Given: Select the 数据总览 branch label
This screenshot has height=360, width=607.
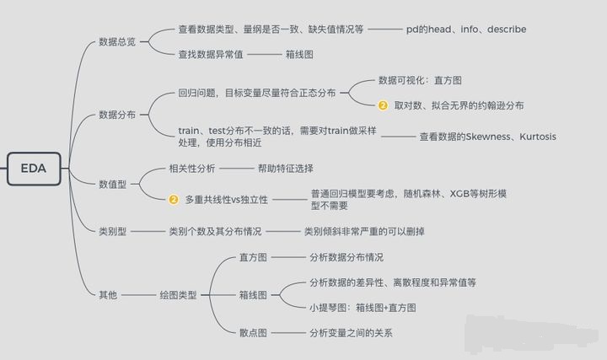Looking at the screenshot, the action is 116,41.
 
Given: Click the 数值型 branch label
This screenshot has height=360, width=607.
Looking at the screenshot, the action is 113,183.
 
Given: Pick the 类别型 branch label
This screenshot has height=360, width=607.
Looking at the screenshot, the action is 113,230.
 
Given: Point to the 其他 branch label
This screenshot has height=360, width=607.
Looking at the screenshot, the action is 108,295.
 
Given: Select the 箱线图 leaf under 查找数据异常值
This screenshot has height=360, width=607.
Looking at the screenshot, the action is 299,54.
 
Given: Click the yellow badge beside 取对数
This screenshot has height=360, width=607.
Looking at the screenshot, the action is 383,105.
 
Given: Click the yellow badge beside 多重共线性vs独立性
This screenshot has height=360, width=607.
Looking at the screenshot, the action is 174,200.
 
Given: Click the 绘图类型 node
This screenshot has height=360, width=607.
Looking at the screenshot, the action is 178,295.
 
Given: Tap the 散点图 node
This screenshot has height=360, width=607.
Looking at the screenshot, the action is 253,333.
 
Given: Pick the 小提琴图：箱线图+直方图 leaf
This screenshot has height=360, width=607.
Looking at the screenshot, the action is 374,308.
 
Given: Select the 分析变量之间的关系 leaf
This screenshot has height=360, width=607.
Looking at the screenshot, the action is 351,333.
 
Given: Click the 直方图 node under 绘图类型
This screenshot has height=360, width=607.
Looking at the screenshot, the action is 253,257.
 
